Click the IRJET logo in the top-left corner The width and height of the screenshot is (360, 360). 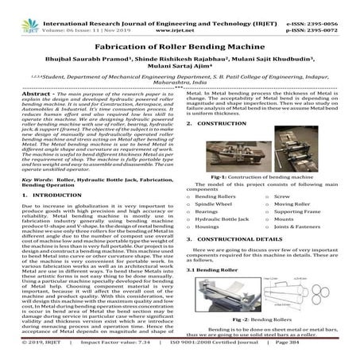pos(17,17)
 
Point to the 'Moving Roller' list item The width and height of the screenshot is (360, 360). pos(294,226)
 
